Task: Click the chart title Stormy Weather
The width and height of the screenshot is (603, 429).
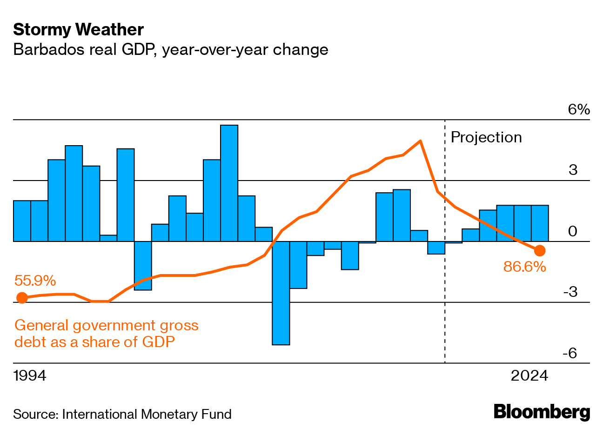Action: (x=78, y=30)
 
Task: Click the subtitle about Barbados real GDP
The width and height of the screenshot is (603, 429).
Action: (x=171, y=49)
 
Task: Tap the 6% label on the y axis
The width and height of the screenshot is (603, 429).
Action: (x=579, y=110)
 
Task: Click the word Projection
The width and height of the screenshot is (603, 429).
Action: (x=486, y=138)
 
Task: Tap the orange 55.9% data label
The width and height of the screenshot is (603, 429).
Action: (x=35, y=281)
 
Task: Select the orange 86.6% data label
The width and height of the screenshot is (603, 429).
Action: (x=524, y=267)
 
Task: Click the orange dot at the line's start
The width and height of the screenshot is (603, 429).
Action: (x=21, y=298)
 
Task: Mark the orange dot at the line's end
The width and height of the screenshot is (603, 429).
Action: (x=540, y=251)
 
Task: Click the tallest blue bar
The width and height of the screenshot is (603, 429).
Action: (x=229, y=183)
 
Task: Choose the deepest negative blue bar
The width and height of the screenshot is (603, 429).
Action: (x=281, y=293)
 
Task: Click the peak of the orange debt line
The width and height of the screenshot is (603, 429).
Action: (x=420, y=141)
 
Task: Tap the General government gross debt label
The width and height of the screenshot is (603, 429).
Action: (x=107, y=333)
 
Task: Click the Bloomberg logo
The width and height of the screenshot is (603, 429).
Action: (x=542, y=412)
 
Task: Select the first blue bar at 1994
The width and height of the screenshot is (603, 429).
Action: (x=22, y=221)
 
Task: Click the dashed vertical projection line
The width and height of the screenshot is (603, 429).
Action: (x=445, y=279)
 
